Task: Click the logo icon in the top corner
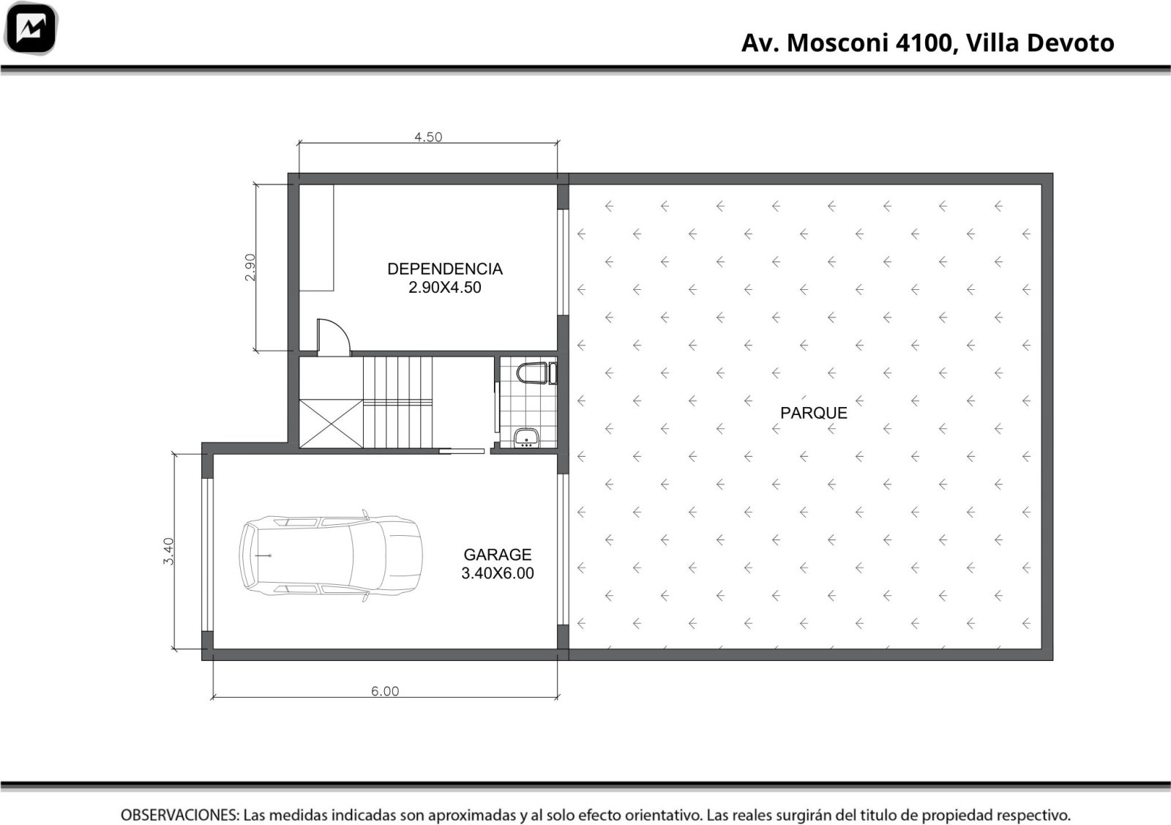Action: click(31, 29)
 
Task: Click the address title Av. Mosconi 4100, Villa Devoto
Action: click(927, 43)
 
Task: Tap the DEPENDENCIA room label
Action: click(445, 269)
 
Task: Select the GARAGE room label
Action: click(497, 554)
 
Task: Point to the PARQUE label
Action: click(813, 413)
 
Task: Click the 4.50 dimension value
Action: click(428, 137)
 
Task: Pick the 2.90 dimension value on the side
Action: click(250, 267)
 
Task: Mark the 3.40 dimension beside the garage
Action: click(168, 551)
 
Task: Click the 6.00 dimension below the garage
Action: click(385, 691)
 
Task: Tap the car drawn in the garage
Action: click(330, 555)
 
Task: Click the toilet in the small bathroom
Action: click(536, 373)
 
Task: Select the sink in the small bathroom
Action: click(526, 438)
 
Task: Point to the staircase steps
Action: click(398, 403)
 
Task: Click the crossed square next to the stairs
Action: click(331, 424)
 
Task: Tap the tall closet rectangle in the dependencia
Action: click(316, 238)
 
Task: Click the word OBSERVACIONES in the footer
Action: click(180, 815)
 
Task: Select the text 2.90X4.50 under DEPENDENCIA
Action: click(445, 288)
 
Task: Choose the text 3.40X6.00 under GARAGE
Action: click(497, 573)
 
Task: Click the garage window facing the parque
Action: click(563, 550)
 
